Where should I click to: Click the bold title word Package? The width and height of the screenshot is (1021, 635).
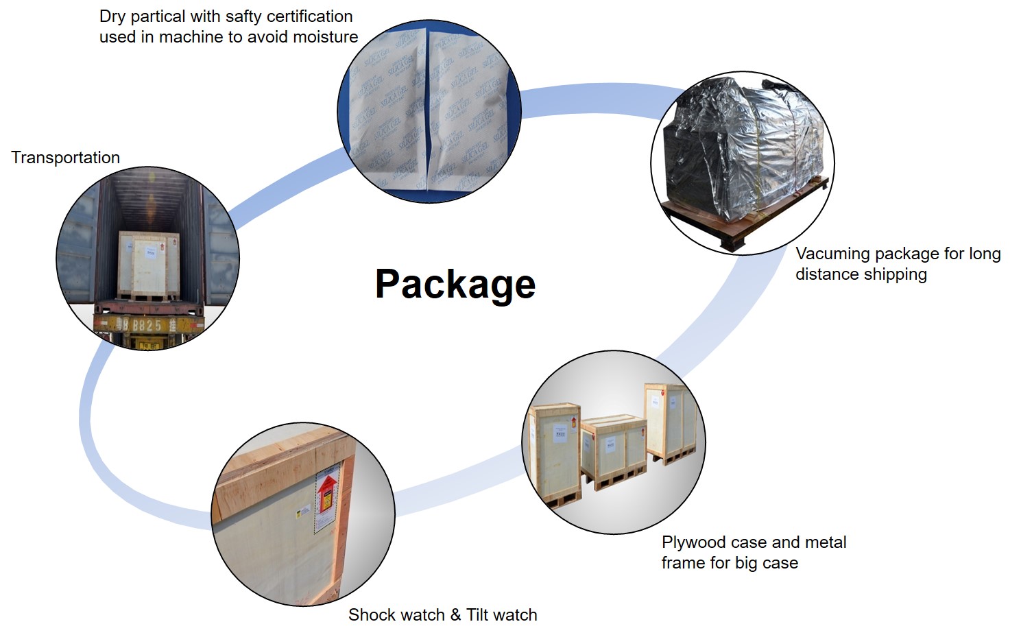coord(455,284)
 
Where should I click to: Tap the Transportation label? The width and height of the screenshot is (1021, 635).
coord(65,158)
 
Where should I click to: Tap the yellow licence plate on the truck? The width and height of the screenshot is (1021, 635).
coord(147,324)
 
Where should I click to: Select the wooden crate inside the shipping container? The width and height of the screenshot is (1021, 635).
coord(149,265)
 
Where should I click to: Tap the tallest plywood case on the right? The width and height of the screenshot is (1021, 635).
coord(670,422)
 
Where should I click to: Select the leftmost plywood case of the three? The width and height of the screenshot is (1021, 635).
coord(555,449)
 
